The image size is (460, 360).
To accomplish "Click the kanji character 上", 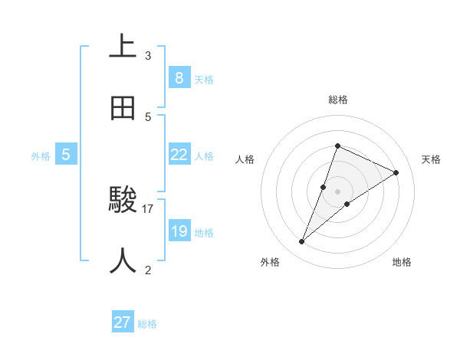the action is click(123, 46).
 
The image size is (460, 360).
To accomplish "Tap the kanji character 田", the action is click(123, 108).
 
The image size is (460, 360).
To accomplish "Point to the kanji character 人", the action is click(123, 261).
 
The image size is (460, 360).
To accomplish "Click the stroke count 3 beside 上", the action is click(148, 55).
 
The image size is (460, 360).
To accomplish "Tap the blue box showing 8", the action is click(179, 77).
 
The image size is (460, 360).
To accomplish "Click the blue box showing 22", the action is click(179, 155).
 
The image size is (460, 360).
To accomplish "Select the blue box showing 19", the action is click(179, 231).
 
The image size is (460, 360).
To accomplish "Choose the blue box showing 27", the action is click(123, 322).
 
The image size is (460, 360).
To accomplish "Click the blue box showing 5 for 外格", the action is click(66, 155).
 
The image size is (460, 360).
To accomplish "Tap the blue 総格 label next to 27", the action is click(147, 324).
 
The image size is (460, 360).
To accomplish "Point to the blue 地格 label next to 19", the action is click(204, 233).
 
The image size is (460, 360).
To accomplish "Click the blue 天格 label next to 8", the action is click(204, 79).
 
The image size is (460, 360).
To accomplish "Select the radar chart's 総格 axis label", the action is click(338, 100).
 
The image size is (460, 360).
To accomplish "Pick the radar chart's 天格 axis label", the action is click(431, 159).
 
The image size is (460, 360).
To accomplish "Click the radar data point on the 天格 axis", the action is click(396, 172).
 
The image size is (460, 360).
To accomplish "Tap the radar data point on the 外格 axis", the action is click(301, 242).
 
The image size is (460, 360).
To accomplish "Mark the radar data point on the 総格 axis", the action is click(337, 146).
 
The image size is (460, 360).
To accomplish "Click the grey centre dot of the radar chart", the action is click(337, 191).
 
